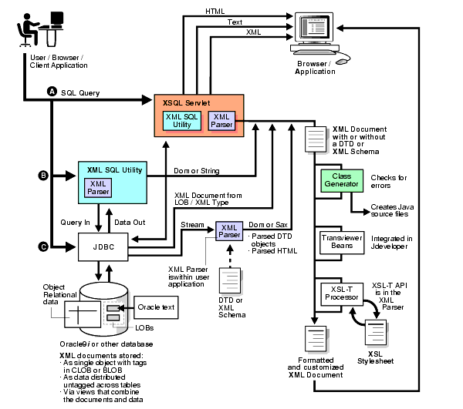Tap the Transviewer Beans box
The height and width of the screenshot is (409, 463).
(341, 241)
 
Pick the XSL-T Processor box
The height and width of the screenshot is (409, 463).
(341, 293)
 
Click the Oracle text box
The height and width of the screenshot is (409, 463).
(156, 307)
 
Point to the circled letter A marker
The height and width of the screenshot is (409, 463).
(52, 91)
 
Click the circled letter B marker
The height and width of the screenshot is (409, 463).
(43, 176)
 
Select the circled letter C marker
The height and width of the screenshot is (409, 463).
(43, 246)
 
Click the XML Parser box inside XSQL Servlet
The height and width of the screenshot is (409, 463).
(221, 120)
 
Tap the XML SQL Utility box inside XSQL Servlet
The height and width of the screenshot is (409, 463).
(182, 119)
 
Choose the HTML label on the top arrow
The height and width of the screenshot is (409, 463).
(216, 11)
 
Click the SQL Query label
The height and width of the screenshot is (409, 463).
(80, 92)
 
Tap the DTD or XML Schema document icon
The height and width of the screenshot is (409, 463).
(231, 282)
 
